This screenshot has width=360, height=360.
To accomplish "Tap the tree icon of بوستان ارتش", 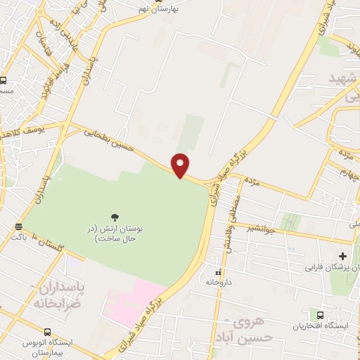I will pyautogui.click(x=115, y=216).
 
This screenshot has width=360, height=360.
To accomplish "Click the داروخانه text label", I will pyautogui.click(x=219, y=282).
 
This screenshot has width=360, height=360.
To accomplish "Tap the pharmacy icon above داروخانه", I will pyautogui.click(x=219, y=271).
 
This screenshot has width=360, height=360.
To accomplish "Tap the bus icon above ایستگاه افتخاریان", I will pyautogui.click(x=321, y=315).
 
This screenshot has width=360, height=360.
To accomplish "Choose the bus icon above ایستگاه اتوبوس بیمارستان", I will pyautogui.click(x=47, y=332).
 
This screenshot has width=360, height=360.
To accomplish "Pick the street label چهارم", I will pyautogui.click(x=342, y=174).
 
